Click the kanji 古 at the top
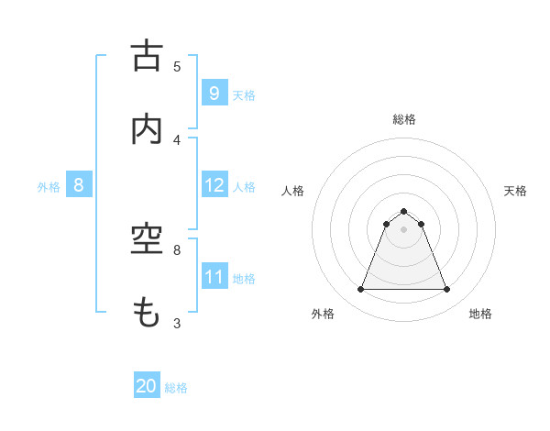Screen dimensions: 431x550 pos(147,56)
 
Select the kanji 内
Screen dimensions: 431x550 pos(147,129)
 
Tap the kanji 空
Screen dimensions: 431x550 pos(147,240)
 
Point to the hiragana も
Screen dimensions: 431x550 pos(147,314)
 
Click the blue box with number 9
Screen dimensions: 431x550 pos(214,93)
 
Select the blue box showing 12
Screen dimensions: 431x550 pos(214,185)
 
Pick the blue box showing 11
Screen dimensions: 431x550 pos(214,277)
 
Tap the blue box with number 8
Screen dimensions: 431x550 pos(79,185)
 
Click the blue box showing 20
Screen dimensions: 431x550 pos(147,386)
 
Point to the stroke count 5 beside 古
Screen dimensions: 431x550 pos(178,67)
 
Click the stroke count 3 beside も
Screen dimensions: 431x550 pos(178,324)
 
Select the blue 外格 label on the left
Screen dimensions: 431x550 pos(49,186)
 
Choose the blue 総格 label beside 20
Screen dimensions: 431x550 pos(176,388)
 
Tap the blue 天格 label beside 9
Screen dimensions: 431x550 pos(244,94)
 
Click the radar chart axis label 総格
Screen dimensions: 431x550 pos(404,119)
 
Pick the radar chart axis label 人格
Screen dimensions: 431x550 pos(292,191)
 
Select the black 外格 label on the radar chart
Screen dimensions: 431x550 pos(322,315)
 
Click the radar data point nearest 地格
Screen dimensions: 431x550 pos(446,290)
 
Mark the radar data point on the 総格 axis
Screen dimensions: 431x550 pos(404,211)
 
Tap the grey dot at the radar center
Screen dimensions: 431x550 pos(404,229)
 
